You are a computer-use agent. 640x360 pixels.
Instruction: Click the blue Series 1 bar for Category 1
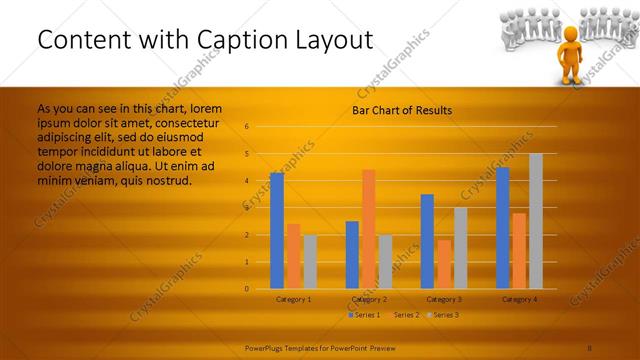point(277,230)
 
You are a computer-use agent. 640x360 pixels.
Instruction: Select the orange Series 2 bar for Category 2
point(369,228)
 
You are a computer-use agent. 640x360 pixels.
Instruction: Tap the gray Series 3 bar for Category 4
point(536,221)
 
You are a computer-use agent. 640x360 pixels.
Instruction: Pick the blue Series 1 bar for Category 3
point(427,241)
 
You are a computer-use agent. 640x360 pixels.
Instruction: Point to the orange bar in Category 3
point(444,264)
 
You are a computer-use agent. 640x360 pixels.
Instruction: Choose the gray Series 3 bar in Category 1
point(310,261)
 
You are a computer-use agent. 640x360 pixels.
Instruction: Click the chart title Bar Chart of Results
point(402,110)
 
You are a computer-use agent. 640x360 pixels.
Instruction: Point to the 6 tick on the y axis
point(246,127)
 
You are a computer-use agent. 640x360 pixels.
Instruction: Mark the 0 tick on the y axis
point(246,289)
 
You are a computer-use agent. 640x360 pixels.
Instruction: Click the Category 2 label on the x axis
point(369,299)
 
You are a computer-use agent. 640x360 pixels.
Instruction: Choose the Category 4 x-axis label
point(519,299)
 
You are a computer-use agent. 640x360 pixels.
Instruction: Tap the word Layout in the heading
point(324,40)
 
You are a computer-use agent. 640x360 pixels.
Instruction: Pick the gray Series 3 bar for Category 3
point(461,248)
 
